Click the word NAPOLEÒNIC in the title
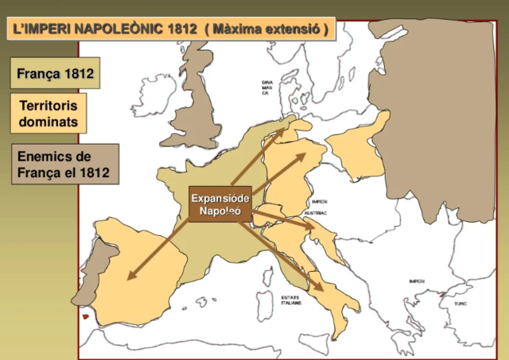point(119,30)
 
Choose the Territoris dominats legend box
point(49,114)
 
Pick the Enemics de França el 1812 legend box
point(65,164)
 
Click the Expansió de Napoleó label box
point(220,204)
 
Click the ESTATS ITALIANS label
point(291,300)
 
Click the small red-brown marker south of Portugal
point(85,317)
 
